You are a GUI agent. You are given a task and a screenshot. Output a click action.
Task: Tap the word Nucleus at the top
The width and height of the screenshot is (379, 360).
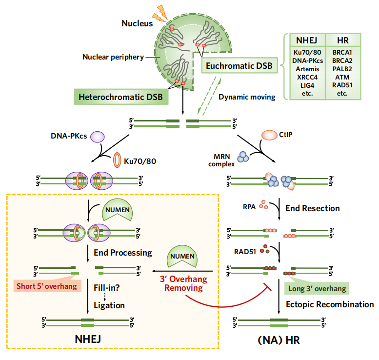137,23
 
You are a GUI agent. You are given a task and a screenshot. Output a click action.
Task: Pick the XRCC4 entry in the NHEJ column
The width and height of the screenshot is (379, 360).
306,77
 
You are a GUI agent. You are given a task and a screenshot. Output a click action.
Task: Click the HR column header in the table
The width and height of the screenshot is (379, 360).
343,40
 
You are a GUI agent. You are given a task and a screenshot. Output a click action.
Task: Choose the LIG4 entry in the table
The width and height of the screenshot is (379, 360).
306,85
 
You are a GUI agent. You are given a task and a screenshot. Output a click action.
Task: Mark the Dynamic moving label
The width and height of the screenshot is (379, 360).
247,97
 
